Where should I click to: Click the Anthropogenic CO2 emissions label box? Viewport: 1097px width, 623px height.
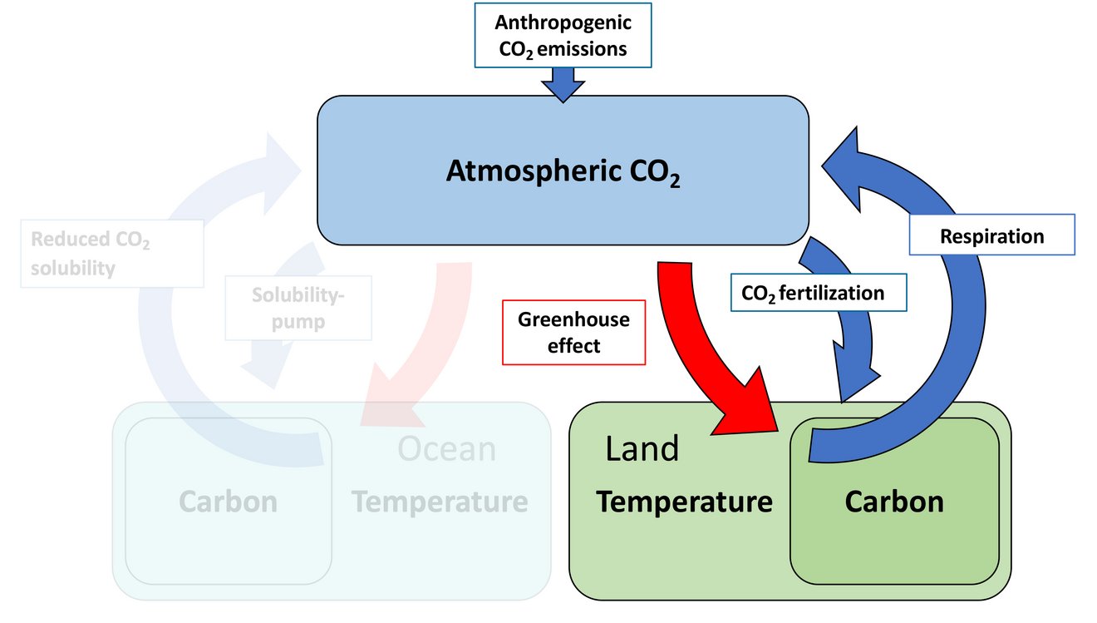[563, 35]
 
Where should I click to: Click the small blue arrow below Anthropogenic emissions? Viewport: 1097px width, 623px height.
[563, 85]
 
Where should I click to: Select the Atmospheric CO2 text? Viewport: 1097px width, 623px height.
[563, 172]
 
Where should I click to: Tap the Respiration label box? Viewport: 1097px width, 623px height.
[991, 235]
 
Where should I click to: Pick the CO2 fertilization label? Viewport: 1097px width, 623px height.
[819, 293]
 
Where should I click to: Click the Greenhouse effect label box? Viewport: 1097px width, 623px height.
[573, 333]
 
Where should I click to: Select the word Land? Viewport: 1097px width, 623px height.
[642, 448]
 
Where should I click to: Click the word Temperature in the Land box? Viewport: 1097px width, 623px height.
[684, 502]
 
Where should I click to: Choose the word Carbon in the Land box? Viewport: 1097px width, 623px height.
[894, 502]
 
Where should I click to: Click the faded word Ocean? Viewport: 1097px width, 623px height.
[446, 448]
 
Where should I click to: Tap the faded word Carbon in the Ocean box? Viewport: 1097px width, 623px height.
[229, 502]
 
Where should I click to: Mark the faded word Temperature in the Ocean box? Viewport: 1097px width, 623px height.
[440, 502]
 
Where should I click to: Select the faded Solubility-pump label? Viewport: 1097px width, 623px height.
[298, 308]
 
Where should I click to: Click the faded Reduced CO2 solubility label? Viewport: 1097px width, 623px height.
[112, 253]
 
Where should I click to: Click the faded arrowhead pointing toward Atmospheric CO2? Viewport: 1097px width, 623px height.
[281, 172]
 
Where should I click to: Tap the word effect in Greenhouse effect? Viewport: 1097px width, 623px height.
[573, 346]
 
